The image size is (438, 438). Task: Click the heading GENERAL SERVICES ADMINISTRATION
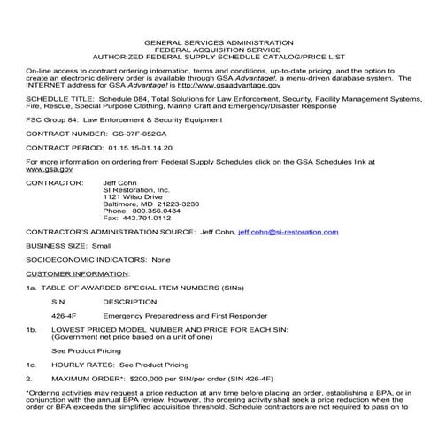219,42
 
